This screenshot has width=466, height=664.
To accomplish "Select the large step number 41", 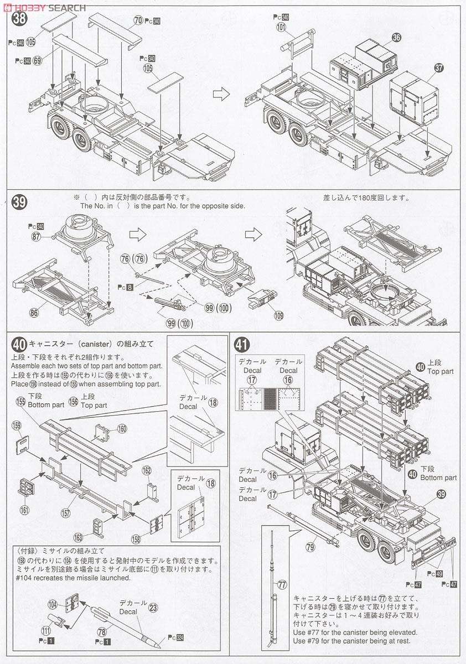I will pos(241,345).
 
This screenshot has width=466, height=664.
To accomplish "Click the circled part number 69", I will pos(38,60).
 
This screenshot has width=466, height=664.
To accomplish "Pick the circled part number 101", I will pos(281,26).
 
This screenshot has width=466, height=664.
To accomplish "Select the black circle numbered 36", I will pos(396,38).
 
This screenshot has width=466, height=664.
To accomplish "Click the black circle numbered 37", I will pos(438,68).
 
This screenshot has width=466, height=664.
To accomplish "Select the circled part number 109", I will pos(278,315).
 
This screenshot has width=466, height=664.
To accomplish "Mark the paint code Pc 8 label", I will pos(126,288).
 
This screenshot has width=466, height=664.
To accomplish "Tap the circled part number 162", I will pos(146,471).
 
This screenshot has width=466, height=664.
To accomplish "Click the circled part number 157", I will pos(66,513).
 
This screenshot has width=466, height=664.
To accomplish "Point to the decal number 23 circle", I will pos(153,606).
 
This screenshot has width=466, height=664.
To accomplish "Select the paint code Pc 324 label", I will pos(175,638).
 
